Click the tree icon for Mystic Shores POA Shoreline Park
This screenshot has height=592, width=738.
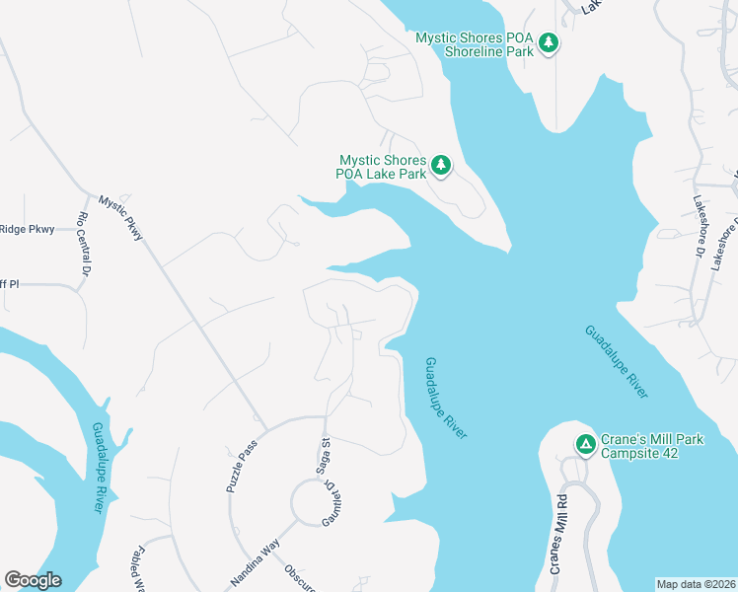coord(549,43)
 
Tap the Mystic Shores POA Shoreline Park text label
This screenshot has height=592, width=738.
coord(475,44)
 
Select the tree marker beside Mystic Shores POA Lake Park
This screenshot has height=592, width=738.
coord(442,166)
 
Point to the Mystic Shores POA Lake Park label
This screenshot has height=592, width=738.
coord(383,167)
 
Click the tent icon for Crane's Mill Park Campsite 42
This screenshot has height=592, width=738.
coord(585,445)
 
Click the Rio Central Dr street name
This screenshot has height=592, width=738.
coord(84,243)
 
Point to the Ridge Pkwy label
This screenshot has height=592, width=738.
coord(27,229)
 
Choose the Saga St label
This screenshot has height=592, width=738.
coord(323,457)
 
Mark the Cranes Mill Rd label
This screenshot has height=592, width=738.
coord(559,533)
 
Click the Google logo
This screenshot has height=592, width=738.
coord(33,580)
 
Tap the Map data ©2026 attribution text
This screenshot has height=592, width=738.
coord(696,584)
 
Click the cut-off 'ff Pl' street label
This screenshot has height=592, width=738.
coord(9,284)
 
